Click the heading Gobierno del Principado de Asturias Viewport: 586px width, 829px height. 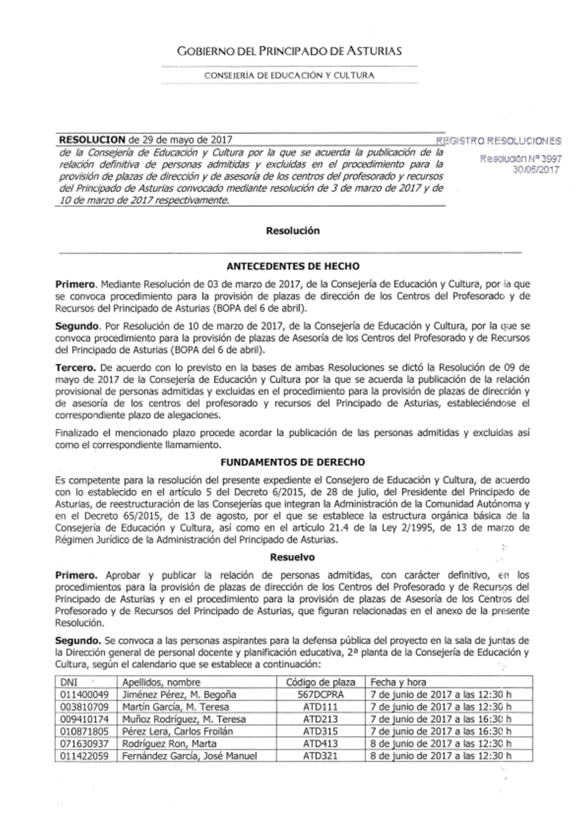(289, 52)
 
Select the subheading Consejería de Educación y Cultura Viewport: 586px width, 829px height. (289, 76)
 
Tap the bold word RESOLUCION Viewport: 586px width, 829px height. (92, 140)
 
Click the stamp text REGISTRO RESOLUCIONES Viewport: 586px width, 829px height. (499, 141)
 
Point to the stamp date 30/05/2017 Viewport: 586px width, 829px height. (536, 170)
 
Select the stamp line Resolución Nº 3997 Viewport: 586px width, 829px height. (521, 159)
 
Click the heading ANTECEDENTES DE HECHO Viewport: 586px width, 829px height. (293, 267)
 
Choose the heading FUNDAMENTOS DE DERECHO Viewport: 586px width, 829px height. (293, 462)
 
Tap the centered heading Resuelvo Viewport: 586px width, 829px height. (292, 557)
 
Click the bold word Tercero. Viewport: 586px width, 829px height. (76, 368)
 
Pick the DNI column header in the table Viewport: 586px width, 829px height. (69, 682)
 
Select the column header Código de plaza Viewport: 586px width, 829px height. (321, 682)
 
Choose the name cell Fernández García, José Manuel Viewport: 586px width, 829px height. (189, 756)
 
